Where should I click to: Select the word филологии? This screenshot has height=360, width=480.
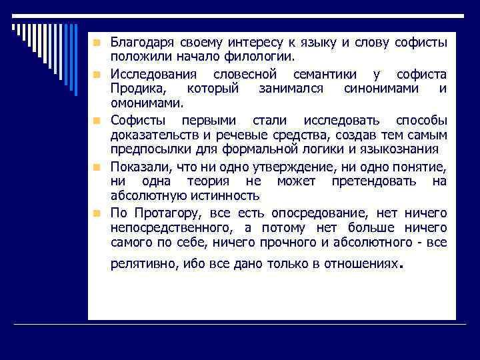261,58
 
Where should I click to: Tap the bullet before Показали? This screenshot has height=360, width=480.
97,165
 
